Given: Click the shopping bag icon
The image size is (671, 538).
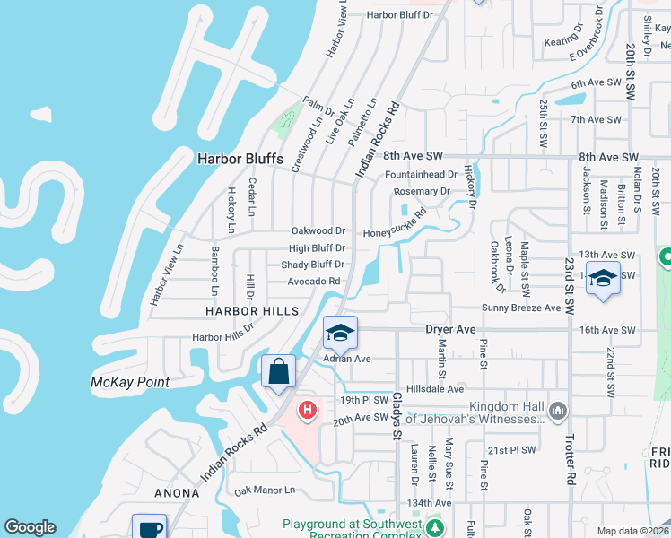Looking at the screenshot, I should pos(278,371).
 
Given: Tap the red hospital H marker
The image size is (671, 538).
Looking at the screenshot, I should pos(307,410).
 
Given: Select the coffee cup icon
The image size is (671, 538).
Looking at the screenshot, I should pos(149,528).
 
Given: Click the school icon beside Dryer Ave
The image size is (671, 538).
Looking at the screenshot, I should pos(340,334).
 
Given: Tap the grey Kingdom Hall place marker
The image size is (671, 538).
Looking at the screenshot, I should pos(558,410).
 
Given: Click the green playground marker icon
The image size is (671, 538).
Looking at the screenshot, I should pos(435,527).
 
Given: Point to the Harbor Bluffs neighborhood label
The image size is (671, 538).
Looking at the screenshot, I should pos(240,159).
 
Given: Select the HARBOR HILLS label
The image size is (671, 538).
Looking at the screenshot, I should pos(251,310).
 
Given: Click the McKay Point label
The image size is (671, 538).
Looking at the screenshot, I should pos(130,382).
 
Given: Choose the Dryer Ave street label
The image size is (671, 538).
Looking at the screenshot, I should pos(449,330).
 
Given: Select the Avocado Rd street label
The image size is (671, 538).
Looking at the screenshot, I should pos(313,281).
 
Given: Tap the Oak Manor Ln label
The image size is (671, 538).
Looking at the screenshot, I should pos(265,490).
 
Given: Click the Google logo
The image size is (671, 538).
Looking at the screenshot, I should pos(30,527).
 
